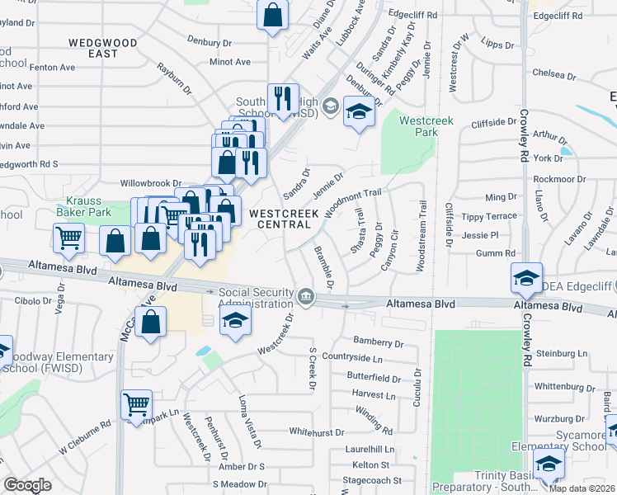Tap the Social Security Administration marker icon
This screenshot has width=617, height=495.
(306, 295)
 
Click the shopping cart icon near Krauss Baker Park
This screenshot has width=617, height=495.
(69, 238)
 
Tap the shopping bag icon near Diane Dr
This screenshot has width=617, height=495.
(272, 15)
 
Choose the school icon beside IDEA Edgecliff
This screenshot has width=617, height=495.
(526, 279)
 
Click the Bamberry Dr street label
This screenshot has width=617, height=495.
(378, 341)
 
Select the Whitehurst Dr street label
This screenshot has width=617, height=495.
(316, 431)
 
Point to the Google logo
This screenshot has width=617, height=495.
(27, 485)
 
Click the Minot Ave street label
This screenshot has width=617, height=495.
(230, 62)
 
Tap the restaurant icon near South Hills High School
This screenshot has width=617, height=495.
(283, 99)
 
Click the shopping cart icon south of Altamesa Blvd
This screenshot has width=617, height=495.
(137, 405)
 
